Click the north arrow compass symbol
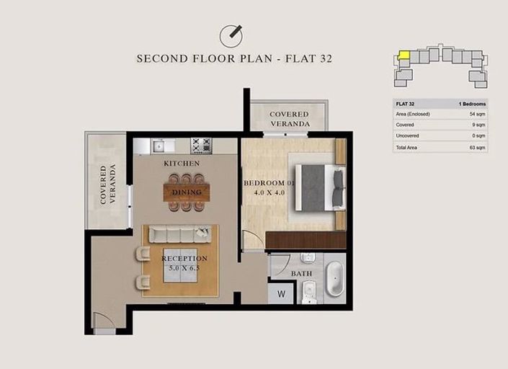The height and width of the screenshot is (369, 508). coord(231,35)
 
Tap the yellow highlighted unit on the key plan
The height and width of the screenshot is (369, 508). coord(404,55)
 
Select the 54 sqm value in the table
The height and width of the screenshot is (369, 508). coord(477,114)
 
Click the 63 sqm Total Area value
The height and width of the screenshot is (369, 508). coord(478,148)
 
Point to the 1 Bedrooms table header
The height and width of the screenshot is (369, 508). coord(472,104)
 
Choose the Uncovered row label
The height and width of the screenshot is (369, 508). coord(407,135)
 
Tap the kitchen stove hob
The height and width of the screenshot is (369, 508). coord(201,146)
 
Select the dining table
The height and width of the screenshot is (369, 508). coord(187,192)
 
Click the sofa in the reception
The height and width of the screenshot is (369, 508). coord(180,234)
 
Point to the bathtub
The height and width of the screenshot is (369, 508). coord(334,279)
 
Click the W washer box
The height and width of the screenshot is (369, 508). coord(281,294)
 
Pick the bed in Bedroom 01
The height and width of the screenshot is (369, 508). coord(320,188)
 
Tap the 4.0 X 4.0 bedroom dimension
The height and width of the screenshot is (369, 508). coord(269,192)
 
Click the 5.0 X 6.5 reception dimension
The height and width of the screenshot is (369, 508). coord(184,268)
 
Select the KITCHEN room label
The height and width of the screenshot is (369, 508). coord(182,164)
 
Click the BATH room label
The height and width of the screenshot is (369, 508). coord(301,274)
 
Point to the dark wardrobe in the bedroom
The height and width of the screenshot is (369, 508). coord(306,240)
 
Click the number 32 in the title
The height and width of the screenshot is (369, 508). coord(326,58)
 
